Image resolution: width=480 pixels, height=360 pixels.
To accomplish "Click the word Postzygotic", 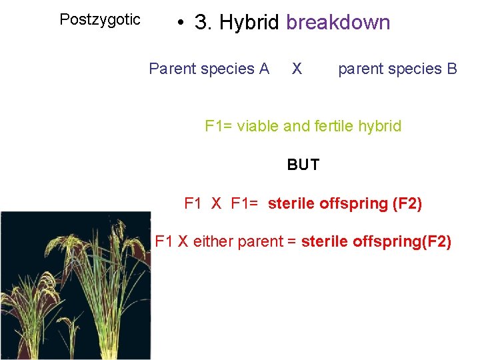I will pyautogui.click(x=100, y=19).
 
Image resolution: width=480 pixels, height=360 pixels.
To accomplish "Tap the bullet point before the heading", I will pyautogui.click(x=179, y=23).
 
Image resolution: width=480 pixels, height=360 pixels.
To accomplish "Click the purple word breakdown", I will pyautogui.click(x=337, y=23).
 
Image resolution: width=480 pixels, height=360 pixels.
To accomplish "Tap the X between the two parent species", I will pyautogui.click(x=297, y=69).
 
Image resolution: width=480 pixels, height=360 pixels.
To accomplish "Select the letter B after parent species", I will pyautogui.click(x=451, y=69).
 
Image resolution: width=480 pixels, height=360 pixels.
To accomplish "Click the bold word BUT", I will pyautogui.click(x=303, y=165).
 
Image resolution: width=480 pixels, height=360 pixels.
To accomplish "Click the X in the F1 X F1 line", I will pyautogui.click(x=216, y=203).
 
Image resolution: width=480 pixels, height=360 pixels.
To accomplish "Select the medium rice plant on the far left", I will pyautogui.click(x=27, y=313).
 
